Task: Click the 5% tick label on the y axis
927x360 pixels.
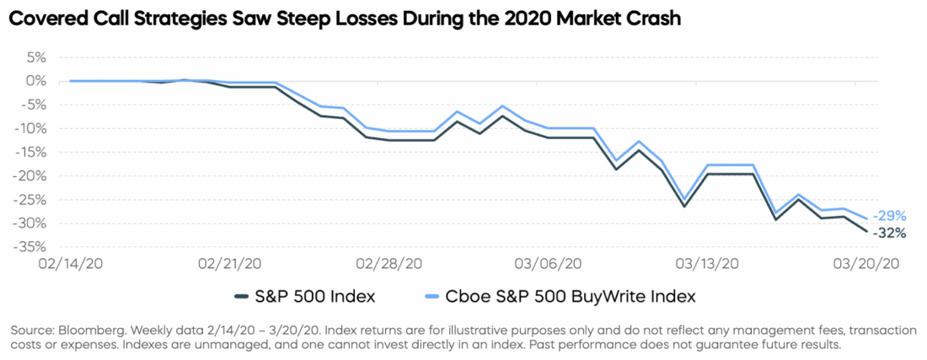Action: point(35,57)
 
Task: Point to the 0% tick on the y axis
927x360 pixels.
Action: point(35,81)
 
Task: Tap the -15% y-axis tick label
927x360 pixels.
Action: point(30,153)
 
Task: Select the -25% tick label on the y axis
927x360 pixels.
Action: point(30,200)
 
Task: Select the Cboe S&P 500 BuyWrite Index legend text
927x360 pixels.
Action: point(569,296)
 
